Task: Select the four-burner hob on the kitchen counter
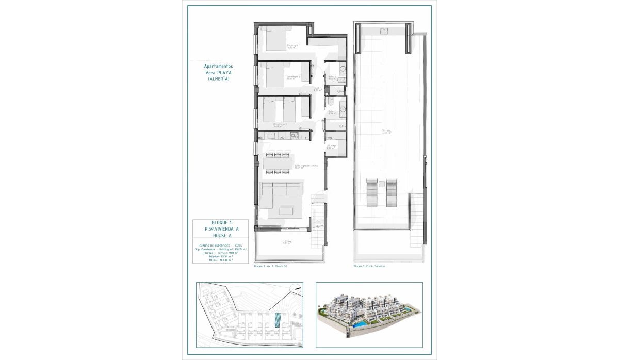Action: click(295, 136)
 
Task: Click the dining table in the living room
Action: click(278, 163)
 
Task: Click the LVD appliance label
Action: click(329, 138)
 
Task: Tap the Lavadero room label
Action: click(331, 146)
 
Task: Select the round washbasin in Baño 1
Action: click(343, 109)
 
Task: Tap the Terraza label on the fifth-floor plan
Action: click(286, 242)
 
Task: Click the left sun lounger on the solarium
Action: click(372, 193)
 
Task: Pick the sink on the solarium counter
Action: click(385, 31)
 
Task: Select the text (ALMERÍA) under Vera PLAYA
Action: click(218, 79)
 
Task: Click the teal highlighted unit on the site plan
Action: click(279, 320)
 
